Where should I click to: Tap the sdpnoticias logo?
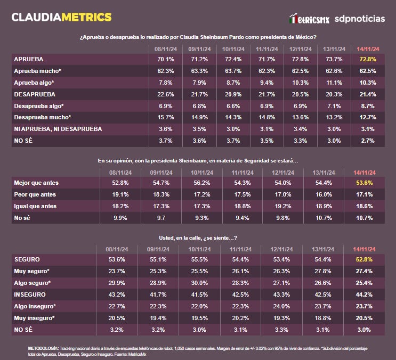pos(359,19)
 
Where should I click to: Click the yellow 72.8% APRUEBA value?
pos(368,59)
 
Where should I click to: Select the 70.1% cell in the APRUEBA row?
pos(165,59)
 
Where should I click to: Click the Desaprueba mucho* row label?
pos(42,117)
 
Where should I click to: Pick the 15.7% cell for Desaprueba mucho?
pos(165,117)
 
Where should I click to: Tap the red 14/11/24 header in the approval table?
pos(368,48)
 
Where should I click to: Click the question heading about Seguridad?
pos(198,160)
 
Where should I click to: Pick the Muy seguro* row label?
pos(33,271)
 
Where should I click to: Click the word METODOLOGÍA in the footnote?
pos(43,348)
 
